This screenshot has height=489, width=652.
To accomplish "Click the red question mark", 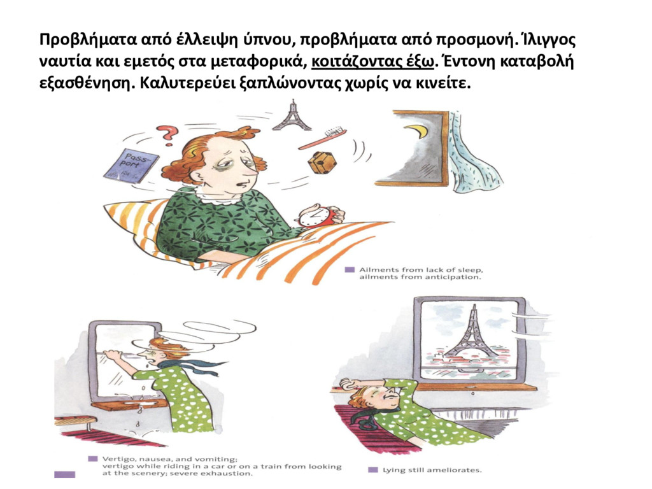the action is [168, 135].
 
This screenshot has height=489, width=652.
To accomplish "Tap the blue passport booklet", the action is [131, 166].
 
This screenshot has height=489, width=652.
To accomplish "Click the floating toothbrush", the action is [323, 139].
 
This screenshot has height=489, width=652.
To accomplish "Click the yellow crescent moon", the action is [417, 132].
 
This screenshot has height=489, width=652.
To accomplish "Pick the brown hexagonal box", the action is [322, 162].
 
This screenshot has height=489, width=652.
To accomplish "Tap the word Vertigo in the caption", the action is [115, 460].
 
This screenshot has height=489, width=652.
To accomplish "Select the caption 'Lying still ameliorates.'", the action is [432, 471].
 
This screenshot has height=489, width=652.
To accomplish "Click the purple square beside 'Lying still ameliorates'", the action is [373, 470].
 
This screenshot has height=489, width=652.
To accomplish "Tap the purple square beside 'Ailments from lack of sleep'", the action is [350, 270].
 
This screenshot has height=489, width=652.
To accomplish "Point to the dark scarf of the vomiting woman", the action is [187, 365].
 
